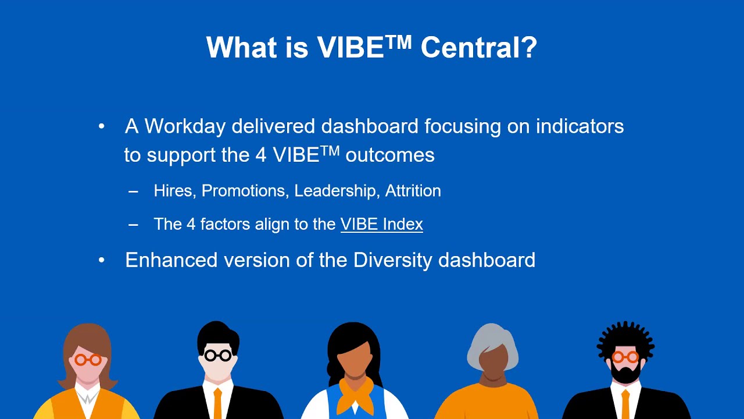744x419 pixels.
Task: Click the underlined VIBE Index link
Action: pyautogui.click(x=381, y=224)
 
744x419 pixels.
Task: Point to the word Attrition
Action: pyautogui.click(x=413, y=191)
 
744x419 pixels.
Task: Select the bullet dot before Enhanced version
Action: pyautogui.click(x=102, y=260)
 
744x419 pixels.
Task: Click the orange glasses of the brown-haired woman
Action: pyautogui.click(x=88, y=360)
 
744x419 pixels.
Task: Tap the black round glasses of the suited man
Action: pyautogui.click(x=218, y=355)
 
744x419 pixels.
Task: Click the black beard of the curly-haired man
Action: pyautogui.click(x=625, y=373)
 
